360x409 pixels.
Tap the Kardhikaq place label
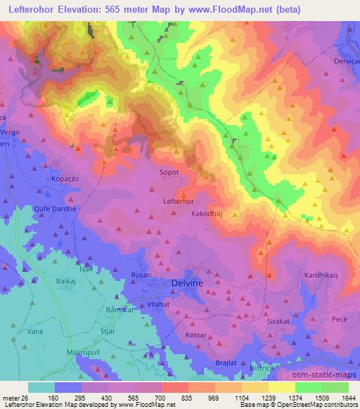(x=321, y=275)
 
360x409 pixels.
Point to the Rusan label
(x=141, y=275)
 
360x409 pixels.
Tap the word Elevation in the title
(x=89, y=9)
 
